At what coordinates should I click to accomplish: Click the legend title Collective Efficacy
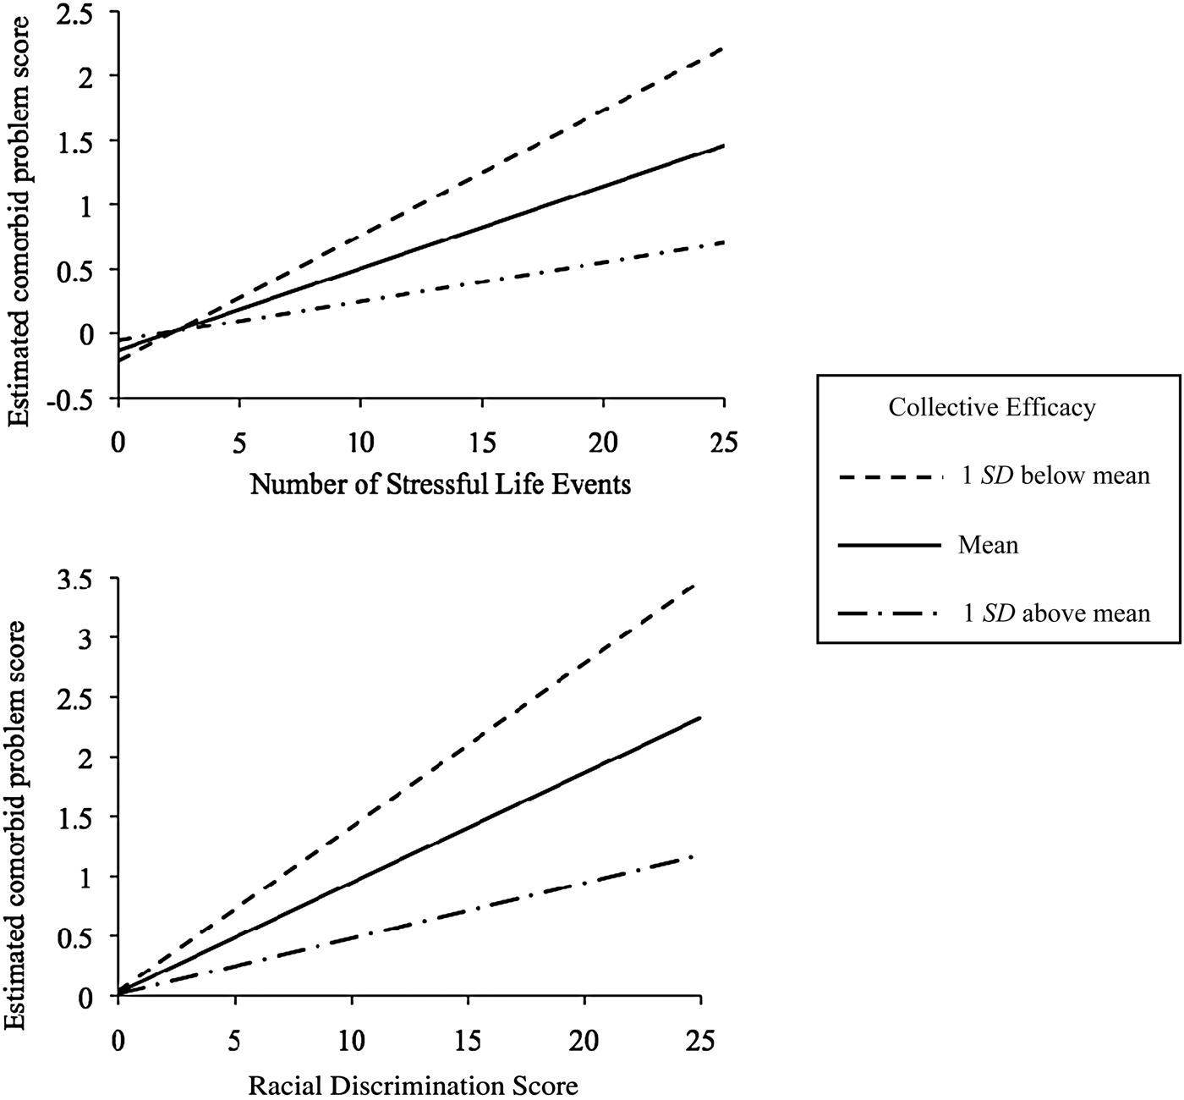point(991,408)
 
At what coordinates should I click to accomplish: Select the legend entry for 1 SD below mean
point(1057,476)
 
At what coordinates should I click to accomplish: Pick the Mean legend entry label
point(988,545)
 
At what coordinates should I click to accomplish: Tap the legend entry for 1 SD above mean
point(1057,613)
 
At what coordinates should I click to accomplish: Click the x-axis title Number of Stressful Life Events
point(441,485)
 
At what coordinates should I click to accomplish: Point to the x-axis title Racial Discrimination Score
point(414,1084)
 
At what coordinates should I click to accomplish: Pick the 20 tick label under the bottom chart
point(583,1039)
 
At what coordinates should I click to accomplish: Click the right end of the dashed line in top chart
point(723,49)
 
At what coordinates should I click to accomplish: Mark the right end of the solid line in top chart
point(723,146)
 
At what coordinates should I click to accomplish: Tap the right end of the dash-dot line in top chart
point(723,242)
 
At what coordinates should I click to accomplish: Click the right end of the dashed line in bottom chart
point(699,582)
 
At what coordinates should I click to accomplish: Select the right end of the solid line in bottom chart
point(699,718)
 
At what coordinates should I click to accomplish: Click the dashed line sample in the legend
point(890,477)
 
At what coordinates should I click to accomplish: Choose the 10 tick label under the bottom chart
point(350,1039)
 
